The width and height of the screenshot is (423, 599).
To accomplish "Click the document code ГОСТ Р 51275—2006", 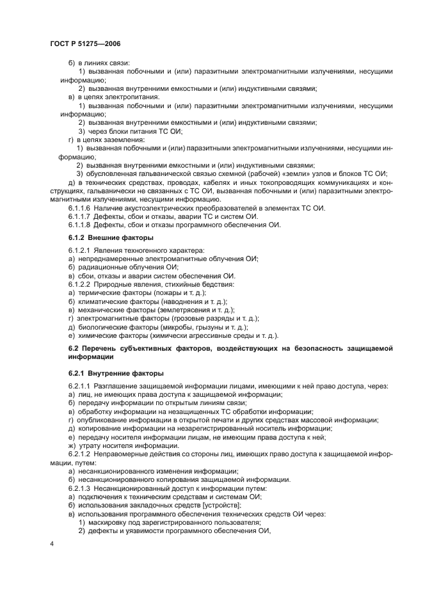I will pyautogui.click(x=84, y=44).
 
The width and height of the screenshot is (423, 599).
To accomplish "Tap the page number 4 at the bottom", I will pyautogui.click(x=51, y=543).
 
